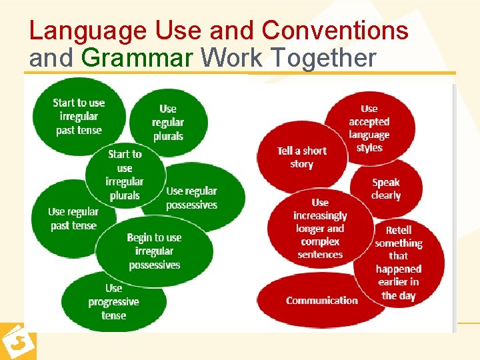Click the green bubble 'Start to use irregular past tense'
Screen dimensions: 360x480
tap(79, 117)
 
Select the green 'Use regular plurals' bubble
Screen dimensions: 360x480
tap(167, 123)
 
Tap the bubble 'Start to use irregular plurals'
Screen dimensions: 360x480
tap(125, 175)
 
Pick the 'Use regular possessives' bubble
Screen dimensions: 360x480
tap(191, 198)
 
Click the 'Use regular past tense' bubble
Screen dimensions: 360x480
tap(73, 219)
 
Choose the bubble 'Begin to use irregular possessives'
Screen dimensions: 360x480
tap(154, 251)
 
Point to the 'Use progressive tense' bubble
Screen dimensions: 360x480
tap(113, 301)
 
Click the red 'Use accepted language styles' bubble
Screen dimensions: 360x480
tap(369, 128)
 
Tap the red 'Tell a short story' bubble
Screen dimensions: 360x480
tap(301, 157)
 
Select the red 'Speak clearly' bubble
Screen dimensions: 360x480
tap(386, 189)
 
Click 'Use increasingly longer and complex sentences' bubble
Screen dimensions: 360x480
tap(320, 228)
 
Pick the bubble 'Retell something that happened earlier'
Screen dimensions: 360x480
tap(399, 263)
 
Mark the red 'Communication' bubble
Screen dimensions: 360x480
tap(321, 301)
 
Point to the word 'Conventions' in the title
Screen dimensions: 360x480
tap(335, 31)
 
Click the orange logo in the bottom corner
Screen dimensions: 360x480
tap(17, 342)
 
